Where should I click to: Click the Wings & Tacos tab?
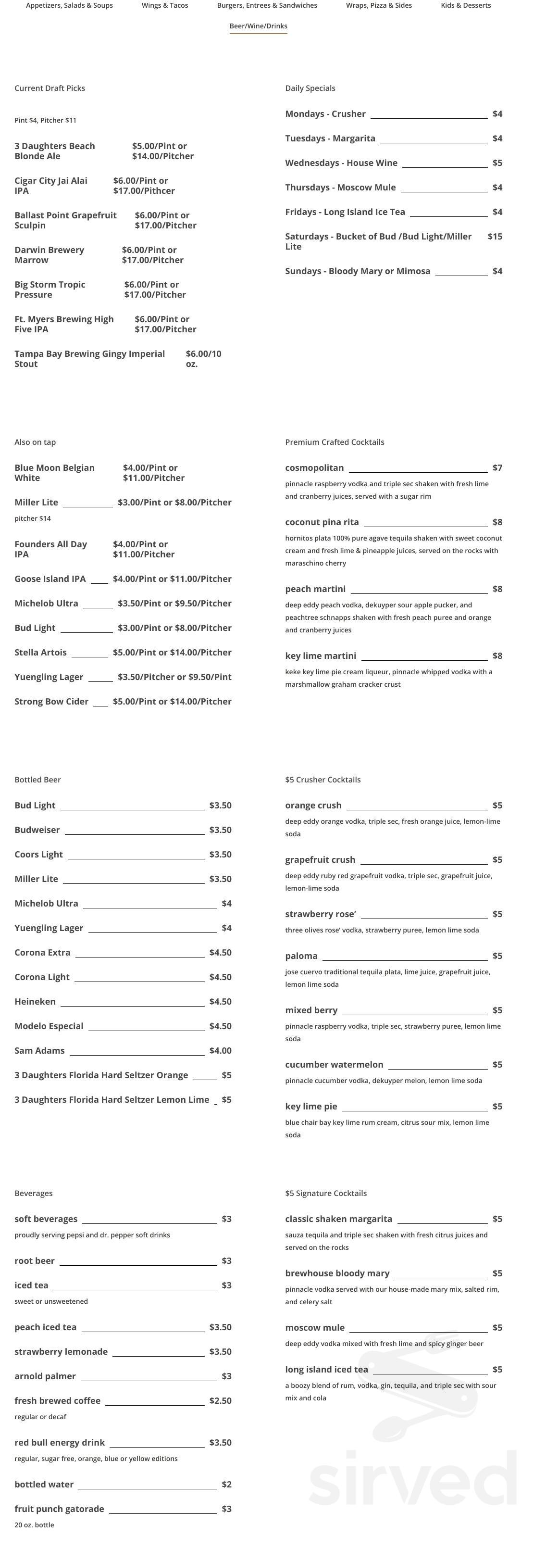click(164, 5)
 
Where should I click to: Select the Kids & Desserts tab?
click(466, 5)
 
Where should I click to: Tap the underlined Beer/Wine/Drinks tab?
click(258, 26)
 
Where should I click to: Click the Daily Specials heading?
click(310, 88)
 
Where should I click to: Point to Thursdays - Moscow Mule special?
click(340, 187)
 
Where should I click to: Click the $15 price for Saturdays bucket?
click(495, 236)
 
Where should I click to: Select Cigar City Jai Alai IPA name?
click(50, 185)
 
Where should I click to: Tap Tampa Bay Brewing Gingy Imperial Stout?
click(89, 358)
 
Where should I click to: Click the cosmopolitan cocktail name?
click(314, 467)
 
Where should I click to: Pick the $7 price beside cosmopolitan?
click(497, 467)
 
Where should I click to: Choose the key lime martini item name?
click(320, 655)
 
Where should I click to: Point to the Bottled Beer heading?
click(37, 780)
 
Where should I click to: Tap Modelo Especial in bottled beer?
click(49, 1026)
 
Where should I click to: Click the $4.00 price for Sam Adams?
click(220, 1050)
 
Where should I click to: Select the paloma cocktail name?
click(301, 956)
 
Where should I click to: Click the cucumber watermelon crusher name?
click(334, 1064)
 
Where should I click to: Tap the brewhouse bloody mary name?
click(337, 1273)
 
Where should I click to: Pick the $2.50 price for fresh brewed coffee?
click(220, 1400)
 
